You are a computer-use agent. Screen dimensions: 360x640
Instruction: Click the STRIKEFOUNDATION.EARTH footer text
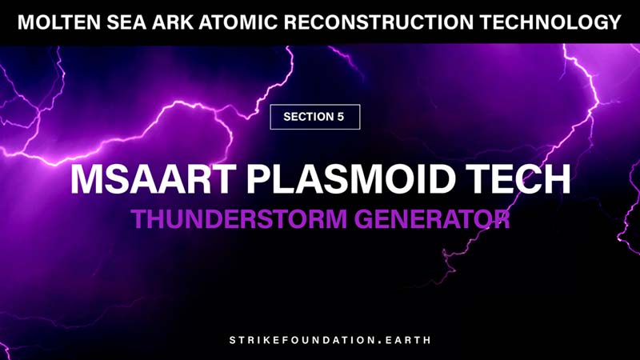320,339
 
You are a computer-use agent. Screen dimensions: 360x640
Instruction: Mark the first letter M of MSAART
86,178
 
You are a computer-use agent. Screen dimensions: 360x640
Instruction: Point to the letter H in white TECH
556,178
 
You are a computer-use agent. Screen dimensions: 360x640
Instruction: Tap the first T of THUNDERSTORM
138,218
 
